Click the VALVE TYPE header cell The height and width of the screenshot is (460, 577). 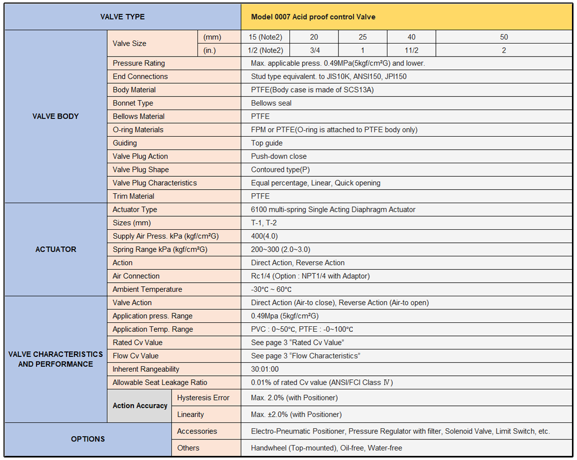point(122,17)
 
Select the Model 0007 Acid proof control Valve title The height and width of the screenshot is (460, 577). point(313,17)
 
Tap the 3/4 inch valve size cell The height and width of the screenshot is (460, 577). point(314,51)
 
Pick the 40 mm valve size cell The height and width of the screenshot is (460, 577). point(411,37)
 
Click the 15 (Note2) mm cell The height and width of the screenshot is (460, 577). point(265,37)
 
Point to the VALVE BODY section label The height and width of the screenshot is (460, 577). point(55,117)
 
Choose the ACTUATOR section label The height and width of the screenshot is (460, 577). point(55,249)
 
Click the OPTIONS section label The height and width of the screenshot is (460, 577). point(88,439)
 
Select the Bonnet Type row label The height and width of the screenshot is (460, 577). point(133,103)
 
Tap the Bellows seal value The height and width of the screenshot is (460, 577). point(271,103)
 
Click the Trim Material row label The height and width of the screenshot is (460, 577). point(133,196)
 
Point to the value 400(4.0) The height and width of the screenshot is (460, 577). point(264,236)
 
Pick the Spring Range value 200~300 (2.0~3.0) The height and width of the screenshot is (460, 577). point(280,249)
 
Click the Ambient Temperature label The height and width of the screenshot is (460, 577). point(147,289)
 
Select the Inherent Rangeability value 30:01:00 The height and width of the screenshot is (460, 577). point(264,369)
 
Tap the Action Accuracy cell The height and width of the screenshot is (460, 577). point(140,405)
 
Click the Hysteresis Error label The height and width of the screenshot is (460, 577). point(203,398)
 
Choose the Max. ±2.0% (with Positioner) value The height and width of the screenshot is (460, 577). point(296,414)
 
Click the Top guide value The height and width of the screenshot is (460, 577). point(267,143)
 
